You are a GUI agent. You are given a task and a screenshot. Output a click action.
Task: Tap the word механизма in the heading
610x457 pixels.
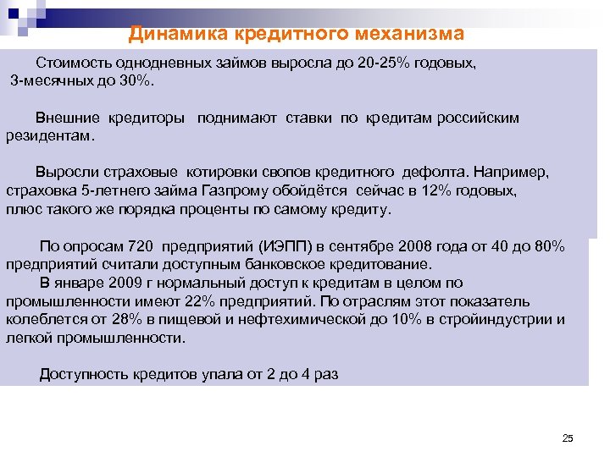pos(410,34)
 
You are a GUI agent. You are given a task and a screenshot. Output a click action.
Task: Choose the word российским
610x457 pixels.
pos(478,118)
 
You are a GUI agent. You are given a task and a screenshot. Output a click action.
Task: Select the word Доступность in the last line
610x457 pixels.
pos(83,374)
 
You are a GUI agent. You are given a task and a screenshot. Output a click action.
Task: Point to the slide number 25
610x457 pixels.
pos(568,438)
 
